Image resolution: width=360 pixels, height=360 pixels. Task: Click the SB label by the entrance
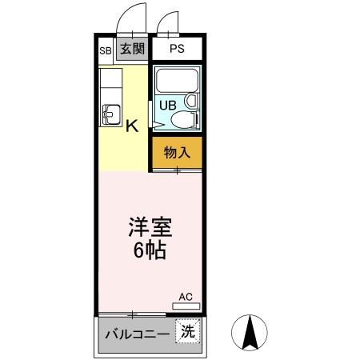click(x=105, y=50)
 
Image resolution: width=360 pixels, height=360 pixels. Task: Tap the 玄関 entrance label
click(x=132, y=49)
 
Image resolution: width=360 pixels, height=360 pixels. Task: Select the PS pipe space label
click(x=177, y=49)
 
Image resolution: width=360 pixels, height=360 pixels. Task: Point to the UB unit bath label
click(x=168, y=104)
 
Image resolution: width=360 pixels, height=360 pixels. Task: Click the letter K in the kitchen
click(x=132, y=125)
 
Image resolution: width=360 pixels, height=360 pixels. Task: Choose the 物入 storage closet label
click(x=177, y=152)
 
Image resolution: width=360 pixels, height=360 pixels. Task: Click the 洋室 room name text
click(x=150, y=226)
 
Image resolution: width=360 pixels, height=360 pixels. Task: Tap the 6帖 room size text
click(x=150, y=250)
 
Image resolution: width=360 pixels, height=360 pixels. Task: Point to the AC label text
click(x=186, y=297)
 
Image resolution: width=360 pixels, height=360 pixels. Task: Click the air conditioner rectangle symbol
click(x=186, y=306)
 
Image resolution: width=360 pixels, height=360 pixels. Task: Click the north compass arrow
click(x=249, y=330)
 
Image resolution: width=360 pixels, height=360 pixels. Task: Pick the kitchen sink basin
click(x=110, y=114)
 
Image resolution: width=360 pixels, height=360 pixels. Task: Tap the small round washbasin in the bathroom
click(x=190, y=102)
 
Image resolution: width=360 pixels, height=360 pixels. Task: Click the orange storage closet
click(x=177, y=153)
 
